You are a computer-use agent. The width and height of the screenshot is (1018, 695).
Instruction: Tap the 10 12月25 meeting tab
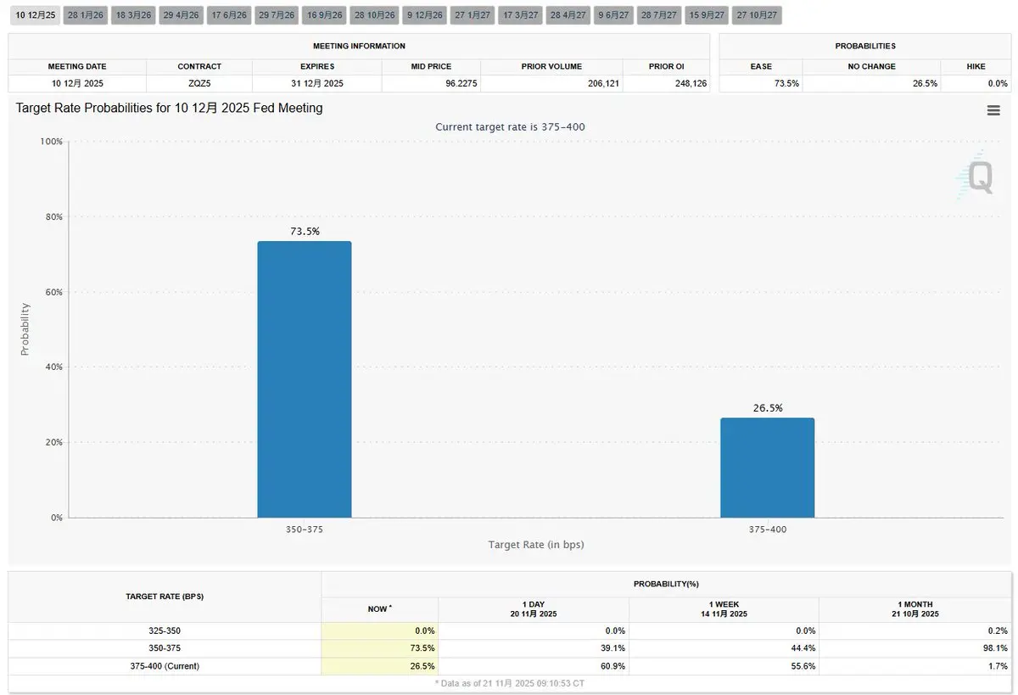36,15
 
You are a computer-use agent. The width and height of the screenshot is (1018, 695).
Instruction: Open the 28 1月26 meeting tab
85,15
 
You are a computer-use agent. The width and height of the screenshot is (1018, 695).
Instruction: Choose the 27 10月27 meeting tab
757,15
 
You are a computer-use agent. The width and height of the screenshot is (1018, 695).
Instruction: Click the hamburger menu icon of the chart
993,110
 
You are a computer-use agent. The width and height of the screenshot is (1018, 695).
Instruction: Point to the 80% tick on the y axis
52,217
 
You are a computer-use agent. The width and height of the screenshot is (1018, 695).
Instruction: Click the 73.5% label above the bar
304,231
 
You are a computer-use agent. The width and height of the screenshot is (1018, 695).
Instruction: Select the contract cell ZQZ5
199,83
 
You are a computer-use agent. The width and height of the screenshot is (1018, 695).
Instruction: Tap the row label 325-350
165,631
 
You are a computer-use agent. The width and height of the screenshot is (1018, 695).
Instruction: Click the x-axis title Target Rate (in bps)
535,545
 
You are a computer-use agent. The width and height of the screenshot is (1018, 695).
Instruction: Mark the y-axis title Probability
25,329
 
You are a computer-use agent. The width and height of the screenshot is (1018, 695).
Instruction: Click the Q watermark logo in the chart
978,177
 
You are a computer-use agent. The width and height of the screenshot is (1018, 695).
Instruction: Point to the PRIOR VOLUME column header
551,66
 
